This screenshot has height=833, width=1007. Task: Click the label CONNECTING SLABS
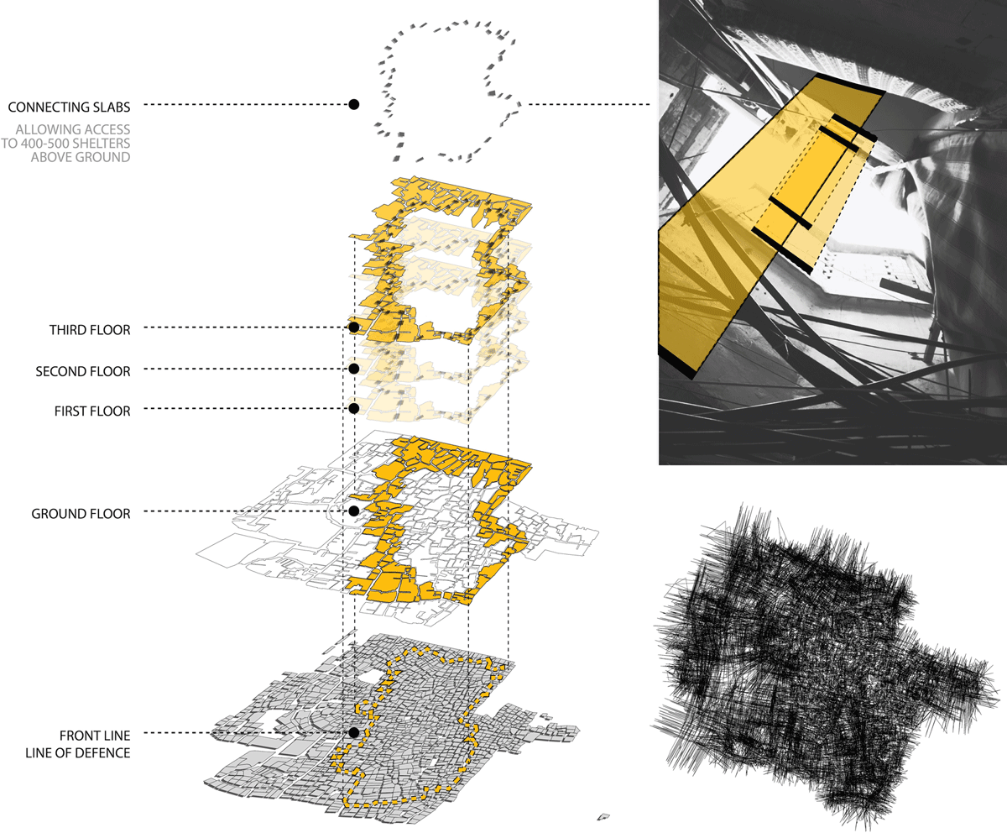point(69,107)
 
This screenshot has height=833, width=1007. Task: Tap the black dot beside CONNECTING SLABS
point(354,104)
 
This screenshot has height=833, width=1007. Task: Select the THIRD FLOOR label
point(90,330)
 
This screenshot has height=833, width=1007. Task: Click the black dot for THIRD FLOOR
point(354,327)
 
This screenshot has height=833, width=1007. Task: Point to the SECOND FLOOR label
point(83,372)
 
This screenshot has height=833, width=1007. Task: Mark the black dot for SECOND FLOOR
point(354,369)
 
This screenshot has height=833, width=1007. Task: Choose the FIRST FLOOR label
point(92,411)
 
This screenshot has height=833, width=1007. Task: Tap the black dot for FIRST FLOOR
point(354,408)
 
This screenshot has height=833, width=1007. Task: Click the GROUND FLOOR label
point(81,514)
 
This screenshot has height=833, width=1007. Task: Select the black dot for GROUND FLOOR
point(354,511)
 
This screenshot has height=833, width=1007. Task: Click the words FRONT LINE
point(95,736)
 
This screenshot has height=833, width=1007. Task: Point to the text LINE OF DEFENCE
point(78,753)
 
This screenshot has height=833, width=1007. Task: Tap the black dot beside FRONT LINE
point(354,732)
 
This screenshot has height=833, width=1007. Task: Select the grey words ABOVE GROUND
point(81,157)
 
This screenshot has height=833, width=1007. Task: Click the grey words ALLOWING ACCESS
point(73,129)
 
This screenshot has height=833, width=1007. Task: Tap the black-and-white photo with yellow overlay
point(832,232)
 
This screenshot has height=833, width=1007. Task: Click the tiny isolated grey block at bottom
point(603,816)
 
